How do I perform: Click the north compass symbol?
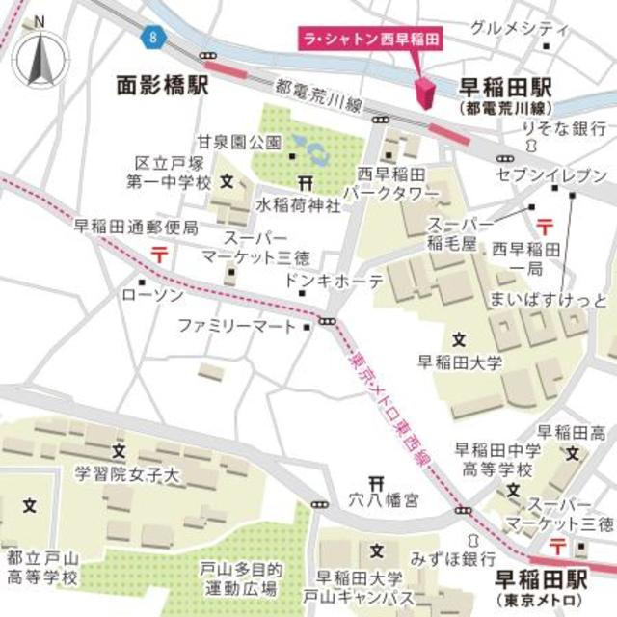tap(39, 56)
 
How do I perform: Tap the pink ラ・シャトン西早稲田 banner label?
tap(369, 40)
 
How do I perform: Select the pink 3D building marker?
tap(425, 94)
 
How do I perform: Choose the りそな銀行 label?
tap(564, 129)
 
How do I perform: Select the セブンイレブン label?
tap(551, 174)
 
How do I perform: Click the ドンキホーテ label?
tap(335, 281)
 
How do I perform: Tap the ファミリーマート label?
tap(237, 327)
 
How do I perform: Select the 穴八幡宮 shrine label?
tap(384, 500)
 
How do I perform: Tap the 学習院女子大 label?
tap(127, 474)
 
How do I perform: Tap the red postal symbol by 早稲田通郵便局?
tap(157, 255)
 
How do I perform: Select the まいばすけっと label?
tap(549, 295)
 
